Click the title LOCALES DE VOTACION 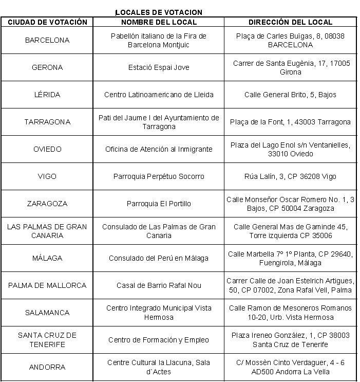point(159,12)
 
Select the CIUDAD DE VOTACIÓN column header point(47,22)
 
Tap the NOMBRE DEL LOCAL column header point(159,22)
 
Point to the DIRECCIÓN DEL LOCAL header point(290,22)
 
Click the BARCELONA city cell point(47,40)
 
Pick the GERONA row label point(47,67)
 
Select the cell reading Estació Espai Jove point(159,67)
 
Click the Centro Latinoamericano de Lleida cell point(159,95)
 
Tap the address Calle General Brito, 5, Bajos point(290,95)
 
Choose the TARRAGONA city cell point(47,122)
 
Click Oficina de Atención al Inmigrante point(159,149)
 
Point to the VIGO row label point(47,176)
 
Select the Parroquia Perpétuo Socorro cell point(159,176)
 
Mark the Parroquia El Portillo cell point(159,204)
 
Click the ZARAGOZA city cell point(47,204)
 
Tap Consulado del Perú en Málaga point(159,258)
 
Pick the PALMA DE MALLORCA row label point(47,285)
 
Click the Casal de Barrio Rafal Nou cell point(159,285)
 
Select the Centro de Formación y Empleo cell point(159,340)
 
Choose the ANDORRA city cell point(47,367)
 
